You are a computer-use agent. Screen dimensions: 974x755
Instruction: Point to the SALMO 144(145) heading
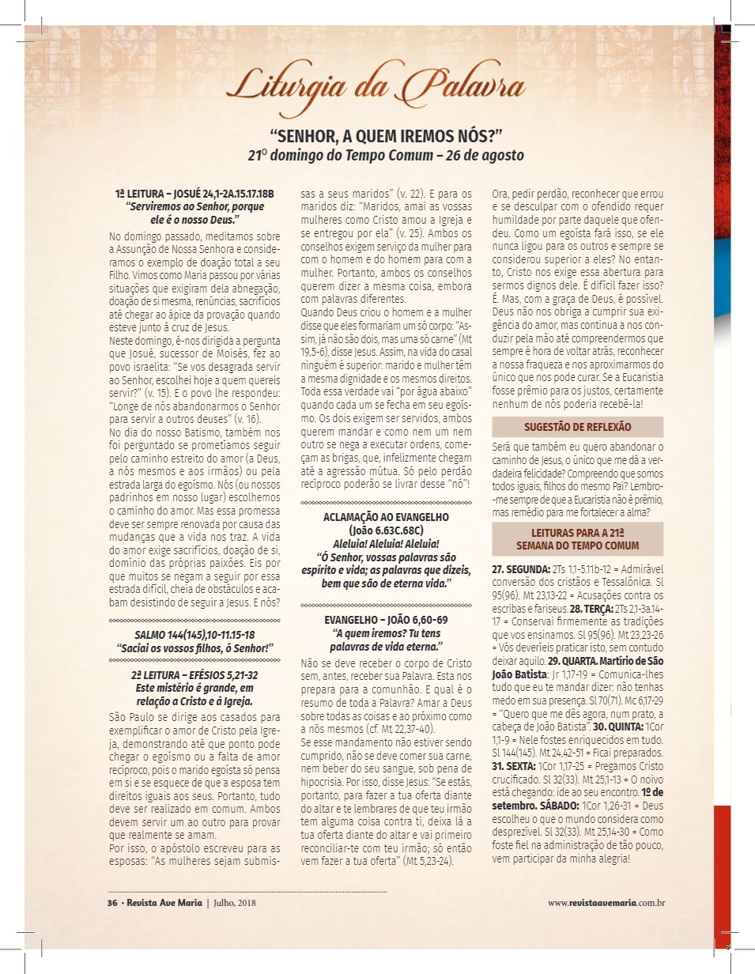194,636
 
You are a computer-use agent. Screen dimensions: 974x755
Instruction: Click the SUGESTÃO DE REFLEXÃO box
578,427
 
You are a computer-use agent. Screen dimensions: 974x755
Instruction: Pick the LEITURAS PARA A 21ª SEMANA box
578,539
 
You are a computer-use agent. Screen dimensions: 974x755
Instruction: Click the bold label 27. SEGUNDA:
521,569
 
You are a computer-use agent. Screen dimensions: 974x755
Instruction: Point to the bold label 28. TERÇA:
601,610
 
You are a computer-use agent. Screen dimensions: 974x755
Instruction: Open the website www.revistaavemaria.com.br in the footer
606,902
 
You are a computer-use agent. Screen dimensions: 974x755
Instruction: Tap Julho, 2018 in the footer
234,902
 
